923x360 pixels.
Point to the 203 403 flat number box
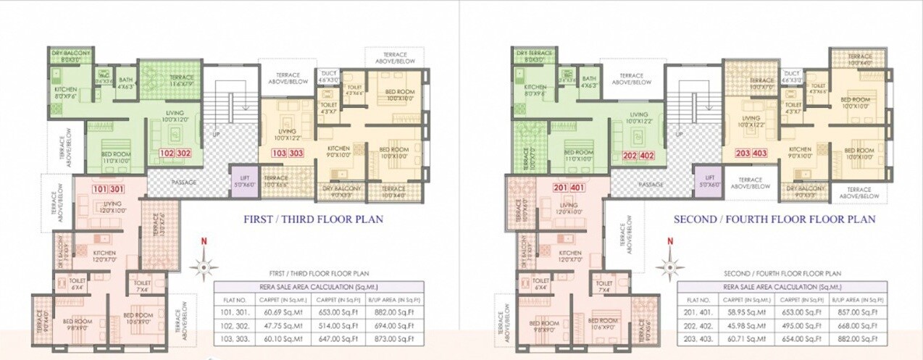pyautogui.click(x=752, y=153)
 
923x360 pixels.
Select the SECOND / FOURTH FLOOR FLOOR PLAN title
pyautogui.click(x=774, y=219)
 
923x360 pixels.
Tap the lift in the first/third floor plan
pyautogui.click(x=242, y=180)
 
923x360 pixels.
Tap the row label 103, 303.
pyautogui.click(x=235, y=338)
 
